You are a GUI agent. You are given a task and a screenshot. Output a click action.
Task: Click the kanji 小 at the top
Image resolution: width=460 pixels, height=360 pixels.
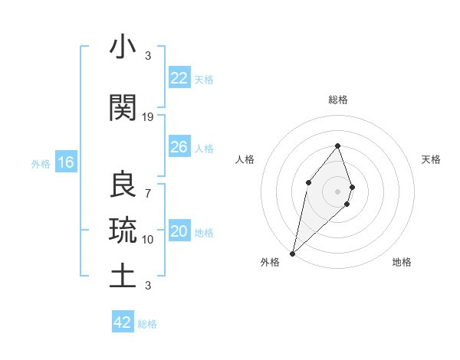click(123, 47)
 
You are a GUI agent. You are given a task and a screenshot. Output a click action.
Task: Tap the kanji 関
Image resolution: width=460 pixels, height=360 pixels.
click(123, 109)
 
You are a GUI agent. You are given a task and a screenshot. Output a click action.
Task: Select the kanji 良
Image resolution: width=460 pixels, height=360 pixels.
click(123, 185)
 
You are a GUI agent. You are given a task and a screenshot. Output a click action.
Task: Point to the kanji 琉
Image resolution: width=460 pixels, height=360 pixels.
click(123, 229)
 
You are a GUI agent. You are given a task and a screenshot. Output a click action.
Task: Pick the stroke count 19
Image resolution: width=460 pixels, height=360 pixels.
click(148, 117)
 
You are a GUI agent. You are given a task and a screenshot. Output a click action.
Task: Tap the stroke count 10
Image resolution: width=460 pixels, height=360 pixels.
click(148, 239)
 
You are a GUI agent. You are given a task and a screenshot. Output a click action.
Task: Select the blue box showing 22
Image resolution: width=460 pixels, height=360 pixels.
click(179, 78)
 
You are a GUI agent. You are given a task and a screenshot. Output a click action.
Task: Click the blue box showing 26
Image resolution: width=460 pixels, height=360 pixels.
click(179, 147)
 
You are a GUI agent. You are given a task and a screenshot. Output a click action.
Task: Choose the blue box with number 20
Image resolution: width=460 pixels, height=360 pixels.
click(179, 231)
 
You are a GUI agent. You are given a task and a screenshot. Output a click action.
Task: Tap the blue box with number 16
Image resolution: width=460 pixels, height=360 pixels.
click(65, 162)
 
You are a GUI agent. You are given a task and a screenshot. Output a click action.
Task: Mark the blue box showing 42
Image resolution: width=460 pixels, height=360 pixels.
click(123, 322)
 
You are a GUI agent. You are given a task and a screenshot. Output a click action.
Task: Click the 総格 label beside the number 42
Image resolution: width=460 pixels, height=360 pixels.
click(147, 324)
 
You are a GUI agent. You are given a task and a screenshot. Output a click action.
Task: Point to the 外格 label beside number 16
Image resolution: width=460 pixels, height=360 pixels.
click(41, 163)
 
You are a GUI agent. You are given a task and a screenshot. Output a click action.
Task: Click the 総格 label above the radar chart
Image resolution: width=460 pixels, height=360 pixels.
click(337, 100)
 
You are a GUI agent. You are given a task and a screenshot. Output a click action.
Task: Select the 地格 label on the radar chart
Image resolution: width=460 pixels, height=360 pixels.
click(402, 263)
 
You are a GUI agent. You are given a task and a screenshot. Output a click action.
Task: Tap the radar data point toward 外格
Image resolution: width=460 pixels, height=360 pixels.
click(292, 253)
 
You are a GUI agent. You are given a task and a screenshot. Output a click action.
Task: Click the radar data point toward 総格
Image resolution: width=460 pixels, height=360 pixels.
click(337, 146)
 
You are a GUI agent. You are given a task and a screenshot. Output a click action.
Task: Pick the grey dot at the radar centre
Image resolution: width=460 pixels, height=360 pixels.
click(337, 191)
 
